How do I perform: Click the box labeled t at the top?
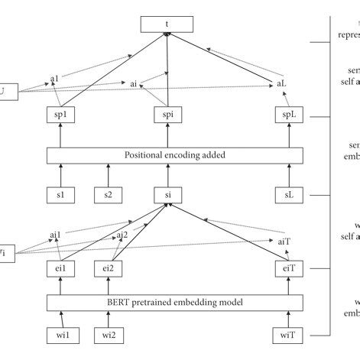167,26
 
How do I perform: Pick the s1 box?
59,196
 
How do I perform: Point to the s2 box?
109,196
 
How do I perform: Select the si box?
167,196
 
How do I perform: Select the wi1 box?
59,336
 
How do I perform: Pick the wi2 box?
109,336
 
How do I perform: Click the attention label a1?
54,78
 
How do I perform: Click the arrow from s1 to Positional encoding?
59,175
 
